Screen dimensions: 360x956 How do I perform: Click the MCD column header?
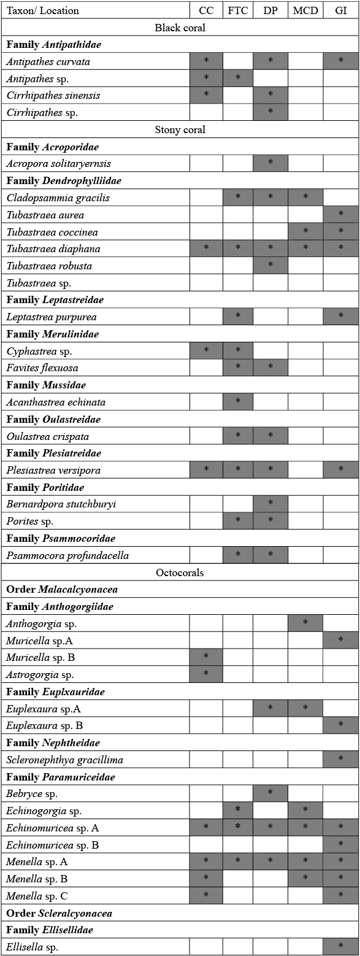pos(305,10)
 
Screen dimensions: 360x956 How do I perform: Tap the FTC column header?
pos(237,10)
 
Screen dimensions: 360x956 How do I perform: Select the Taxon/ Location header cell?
pos(43,10)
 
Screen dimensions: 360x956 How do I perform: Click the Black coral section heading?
pos(180,28)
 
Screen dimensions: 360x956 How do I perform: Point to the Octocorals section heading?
pos(180,572)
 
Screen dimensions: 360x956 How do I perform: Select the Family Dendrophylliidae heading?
pos(64,180)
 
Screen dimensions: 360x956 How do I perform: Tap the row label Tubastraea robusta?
pos(47,266)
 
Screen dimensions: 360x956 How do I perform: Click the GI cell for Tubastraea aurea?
pos(340,215)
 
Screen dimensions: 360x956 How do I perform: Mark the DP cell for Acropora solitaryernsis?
pos(270,163)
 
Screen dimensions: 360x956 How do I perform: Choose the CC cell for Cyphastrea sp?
pos(206,351)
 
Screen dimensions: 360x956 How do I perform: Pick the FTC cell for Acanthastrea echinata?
pos(237,402)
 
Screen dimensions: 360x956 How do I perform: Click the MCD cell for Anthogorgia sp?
pos(305,623)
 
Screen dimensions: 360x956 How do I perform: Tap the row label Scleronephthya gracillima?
pos(64,760)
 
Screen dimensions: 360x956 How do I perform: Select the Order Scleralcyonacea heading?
pos(59,913)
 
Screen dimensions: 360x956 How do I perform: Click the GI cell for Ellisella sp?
pos(340,947)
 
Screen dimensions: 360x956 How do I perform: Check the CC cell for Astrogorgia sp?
pos(206,674)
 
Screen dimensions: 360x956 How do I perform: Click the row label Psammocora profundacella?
pos(67,555)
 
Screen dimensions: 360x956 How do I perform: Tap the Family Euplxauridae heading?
pos(56,692)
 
